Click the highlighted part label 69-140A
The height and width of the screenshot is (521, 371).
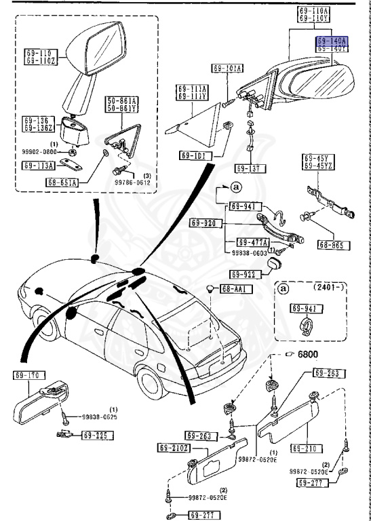coord(332,41)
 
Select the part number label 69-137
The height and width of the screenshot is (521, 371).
coord(250,168)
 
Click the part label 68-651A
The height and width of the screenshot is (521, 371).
coord(62,182)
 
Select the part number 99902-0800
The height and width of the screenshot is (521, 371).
coord(44,151)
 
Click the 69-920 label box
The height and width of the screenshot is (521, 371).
coord(203,223)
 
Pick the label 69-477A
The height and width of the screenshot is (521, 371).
coord(252,242)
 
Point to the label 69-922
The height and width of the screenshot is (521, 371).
coord(243,275)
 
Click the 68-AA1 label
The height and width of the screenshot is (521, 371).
coord(236,289)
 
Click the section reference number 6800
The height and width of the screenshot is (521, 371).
coord(307,354)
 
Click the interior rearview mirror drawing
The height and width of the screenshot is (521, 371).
coord(41,404)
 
